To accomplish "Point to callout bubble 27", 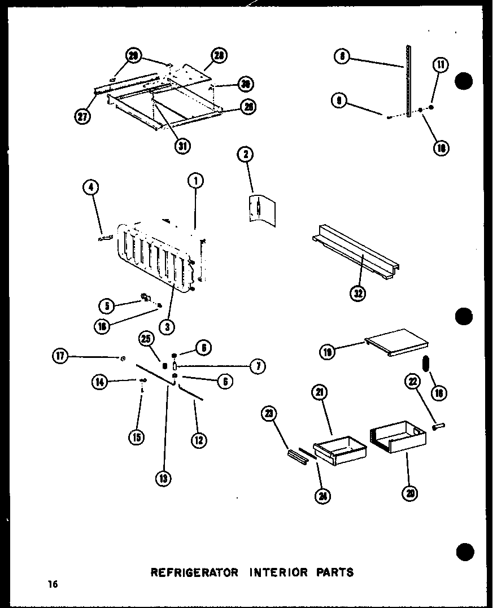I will tap(82, 117).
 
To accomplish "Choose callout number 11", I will tap(441, 65).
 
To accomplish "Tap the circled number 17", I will tap(60, 356).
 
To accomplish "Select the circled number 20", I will tap(410, 493).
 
